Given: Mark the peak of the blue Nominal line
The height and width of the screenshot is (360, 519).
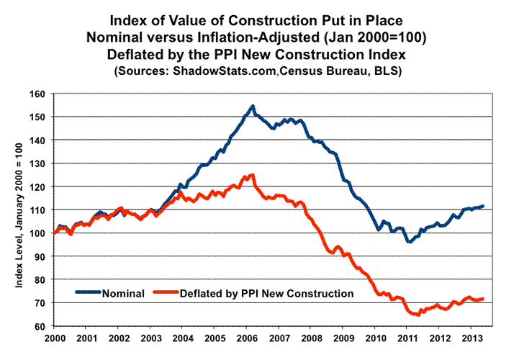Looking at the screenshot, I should pos(253,107).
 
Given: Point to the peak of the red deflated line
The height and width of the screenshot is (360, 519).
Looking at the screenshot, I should pos(252,175).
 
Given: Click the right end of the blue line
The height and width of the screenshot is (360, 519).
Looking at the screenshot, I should pos(483,206).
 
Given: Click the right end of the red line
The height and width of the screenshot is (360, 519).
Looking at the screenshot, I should pos(483,299).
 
